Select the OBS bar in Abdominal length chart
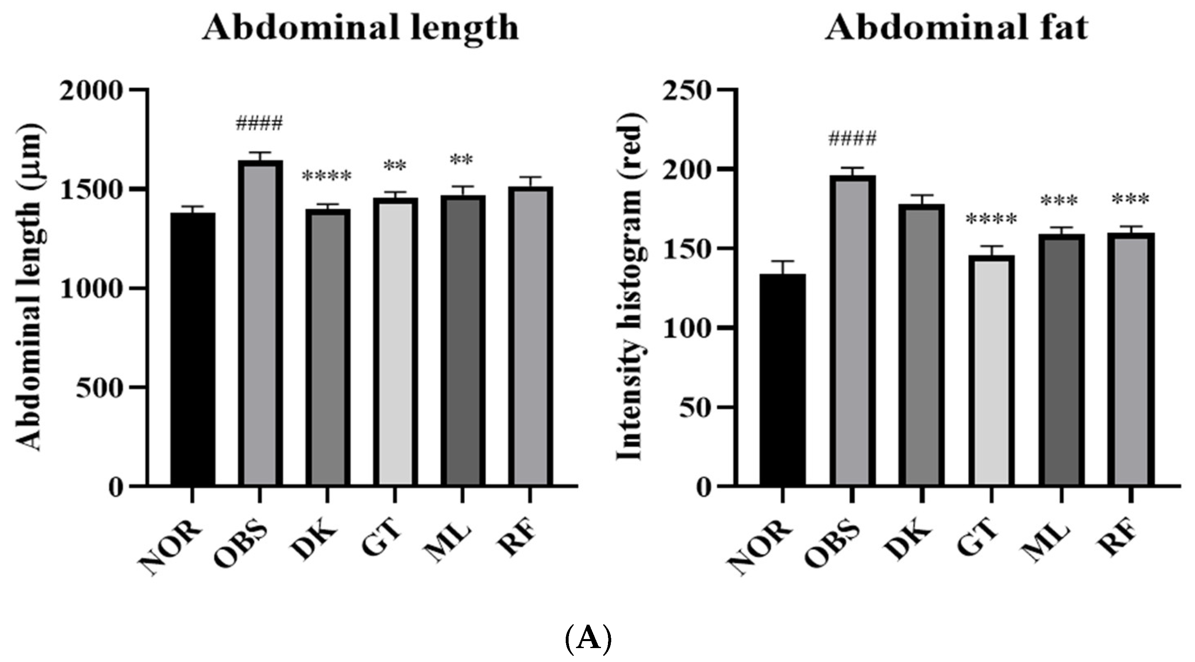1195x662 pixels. tap(260, 325)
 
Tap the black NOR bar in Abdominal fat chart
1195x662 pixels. tap(782, 380)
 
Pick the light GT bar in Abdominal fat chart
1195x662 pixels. tap(991, 371)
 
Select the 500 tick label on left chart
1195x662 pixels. tap(98, 387)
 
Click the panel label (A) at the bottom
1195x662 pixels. tap(589, 639)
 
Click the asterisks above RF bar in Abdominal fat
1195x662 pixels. tap(1131, 200)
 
